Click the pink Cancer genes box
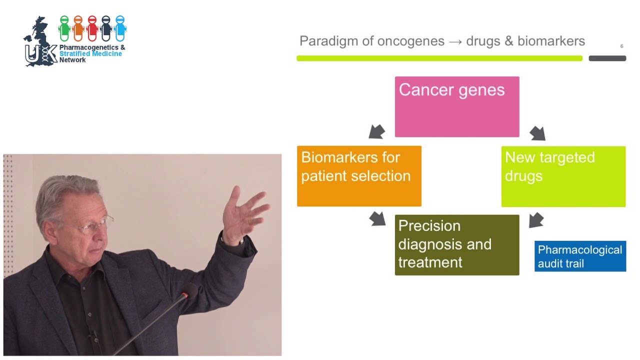point(457,106)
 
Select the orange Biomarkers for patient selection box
point(359,176)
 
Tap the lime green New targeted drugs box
point(563,176)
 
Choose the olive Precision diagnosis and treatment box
point(457,244)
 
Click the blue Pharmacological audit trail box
point(580,256)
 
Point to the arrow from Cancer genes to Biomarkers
point(377,131)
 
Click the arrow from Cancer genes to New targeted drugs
point(537,133)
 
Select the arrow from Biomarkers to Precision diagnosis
point(377,218)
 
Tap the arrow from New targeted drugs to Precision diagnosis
point(536,219)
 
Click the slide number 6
point(621,46)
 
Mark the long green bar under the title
point(439,58)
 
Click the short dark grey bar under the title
point(607,58)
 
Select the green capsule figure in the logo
point(64,28)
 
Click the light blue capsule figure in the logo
point(120,28)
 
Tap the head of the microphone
point(189,290)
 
